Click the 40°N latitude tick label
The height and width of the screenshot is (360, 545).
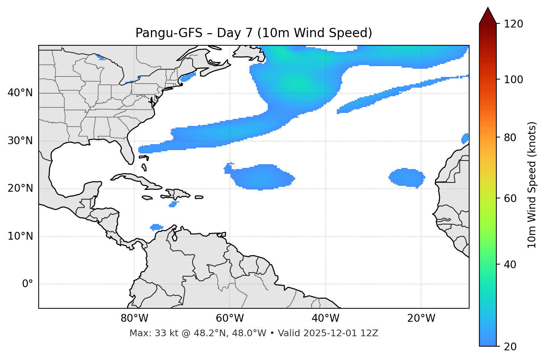click(20, 93)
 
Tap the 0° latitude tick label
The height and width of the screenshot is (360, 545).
click(28, 284)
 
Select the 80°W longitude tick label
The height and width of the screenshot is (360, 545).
click(134, 318)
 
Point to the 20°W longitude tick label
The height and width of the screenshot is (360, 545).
click(421, 318)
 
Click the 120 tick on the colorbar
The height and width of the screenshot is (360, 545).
click(513, 24)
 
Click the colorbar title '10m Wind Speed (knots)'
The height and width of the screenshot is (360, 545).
click(532, 185)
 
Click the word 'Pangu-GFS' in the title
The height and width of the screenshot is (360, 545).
click(169, 33)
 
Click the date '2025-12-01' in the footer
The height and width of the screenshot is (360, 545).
click(331, 333)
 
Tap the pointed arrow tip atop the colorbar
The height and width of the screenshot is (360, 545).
click(488, 9)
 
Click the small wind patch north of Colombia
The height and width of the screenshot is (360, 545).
click(157, 227)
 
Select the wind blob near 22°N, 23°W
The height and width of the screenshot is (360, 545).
click(407, 177)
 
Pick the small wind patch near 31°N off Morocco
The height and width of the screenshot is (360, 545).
click(465, 139)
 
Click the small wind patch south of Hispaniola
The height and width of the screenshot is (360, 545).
click(173, 204)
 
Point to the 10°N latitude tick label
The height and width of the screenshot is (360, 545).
click(20, 236)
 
